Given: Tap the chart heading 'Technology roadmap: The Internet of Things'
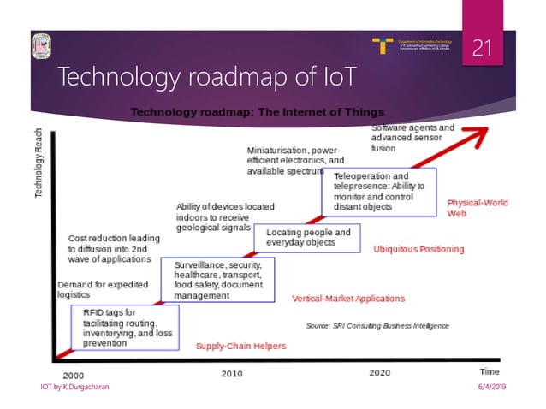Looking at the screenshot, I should coord(257,112).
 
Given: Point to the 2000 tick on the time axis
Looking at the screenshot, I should coord(73,374).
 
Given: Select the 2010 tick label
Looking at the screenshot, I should coord(232,374).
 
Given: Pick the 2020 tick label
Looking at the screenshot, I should coord(380,373).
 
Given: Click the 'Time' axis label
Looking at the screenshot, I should coord(489,372).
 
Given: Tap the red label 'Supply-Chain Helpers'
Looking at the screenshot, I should coord(240,346).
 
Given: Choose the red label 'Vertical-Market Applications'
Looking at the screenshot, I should coord(348,299).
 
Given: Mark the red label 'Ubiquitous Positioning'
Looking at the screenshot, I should coord(418,249).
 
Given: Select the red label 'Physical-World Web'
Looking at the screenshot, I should coord(478,208).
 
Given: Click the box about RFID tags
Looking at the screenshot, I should coord(125,328).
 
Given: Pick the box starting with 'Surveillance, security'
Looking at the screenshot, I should coord(224,280).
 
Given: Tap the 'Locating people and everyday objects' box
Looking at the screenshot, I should coord(309,237).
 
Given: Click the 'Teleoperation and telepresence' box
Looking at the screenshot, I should coord(377,191).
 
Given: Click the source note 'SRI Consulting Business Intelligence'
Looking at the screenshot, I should coord(377,326).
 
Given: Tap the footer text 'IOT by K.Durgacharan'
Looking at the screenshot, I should coord(76,389).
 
